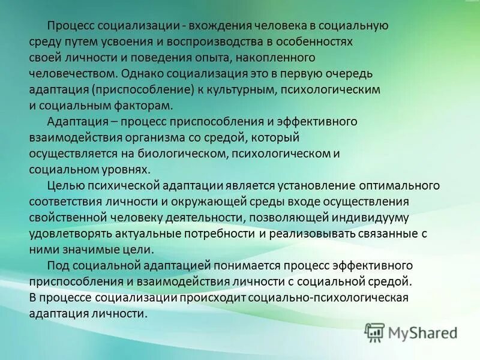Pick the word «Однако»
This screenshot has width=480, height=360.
click(140, 74)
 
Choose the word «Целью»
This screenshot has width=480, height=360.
click(64, 185)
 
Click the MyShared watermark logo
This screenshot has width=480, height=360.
click(412, 332)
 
